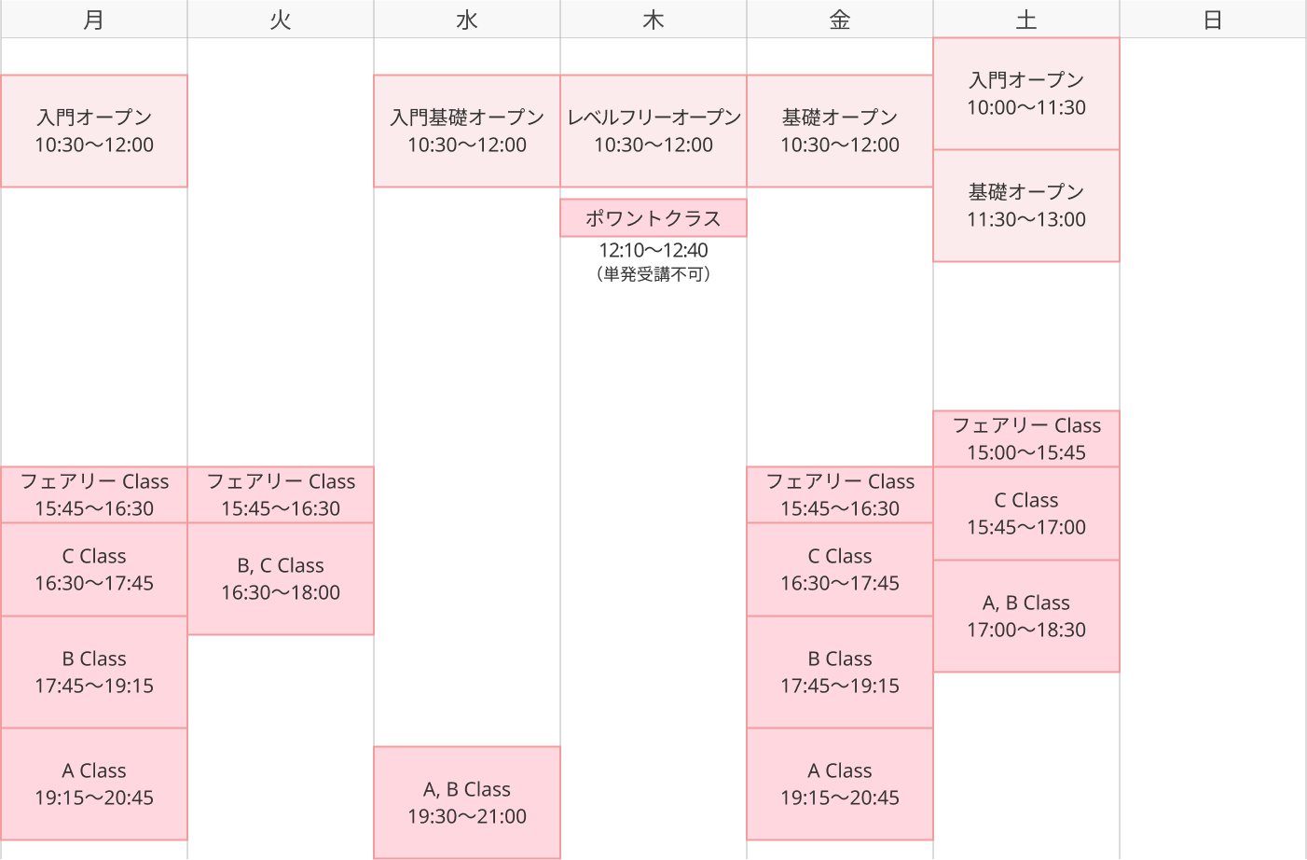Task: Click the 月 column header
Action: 93,20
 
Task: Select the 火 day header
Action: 280,20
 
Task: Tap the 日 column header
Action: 1213,20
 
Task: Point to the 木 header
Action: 653,20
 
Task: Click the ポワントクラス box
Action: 653,217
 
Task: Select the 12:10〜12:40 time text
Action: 653,251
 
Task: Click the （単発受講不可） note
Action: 653,274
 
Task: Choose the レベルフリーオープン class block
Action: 653,131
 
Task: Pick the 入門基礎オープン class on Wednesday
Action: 467,131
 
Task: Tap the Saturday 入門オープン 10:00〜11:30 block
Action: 1026,93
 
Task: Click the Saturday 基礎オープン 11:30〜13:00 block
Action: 1026,205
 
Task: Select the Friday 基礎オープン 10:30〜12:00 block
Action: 840,131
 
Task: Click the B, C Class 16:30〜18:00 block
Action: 281,578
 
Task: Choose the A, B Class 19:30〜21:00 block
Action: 467,803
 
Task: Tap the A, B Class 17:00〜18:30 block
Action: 1026,616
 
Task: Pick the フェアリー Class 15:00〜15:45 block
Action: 1026,438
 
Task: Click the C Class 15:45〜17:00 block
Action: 1026,513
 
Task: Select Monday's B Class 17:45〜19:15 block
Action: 94,672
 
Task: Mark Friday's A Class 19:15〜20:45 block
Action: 840,784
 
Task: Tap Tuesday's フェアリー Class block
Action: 281,494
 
